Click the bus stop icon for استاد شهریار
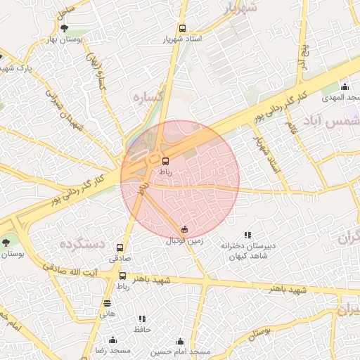[183, 29]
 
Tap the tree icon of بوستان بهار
[65, 29]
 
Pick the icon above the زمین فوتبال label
[184, 229]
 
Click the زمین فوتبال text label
[184, 240]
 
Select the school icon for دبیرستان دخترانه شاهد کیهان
[247, 235]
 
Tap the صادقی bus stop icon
[120, 247]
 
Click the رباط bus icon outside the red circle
[123, 276]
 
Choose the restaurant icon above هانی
[107, 303]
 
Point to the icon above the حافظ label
[143, 319]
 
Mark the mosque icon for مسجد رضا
[112, 340]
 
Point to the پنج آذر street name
[304, 57]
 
